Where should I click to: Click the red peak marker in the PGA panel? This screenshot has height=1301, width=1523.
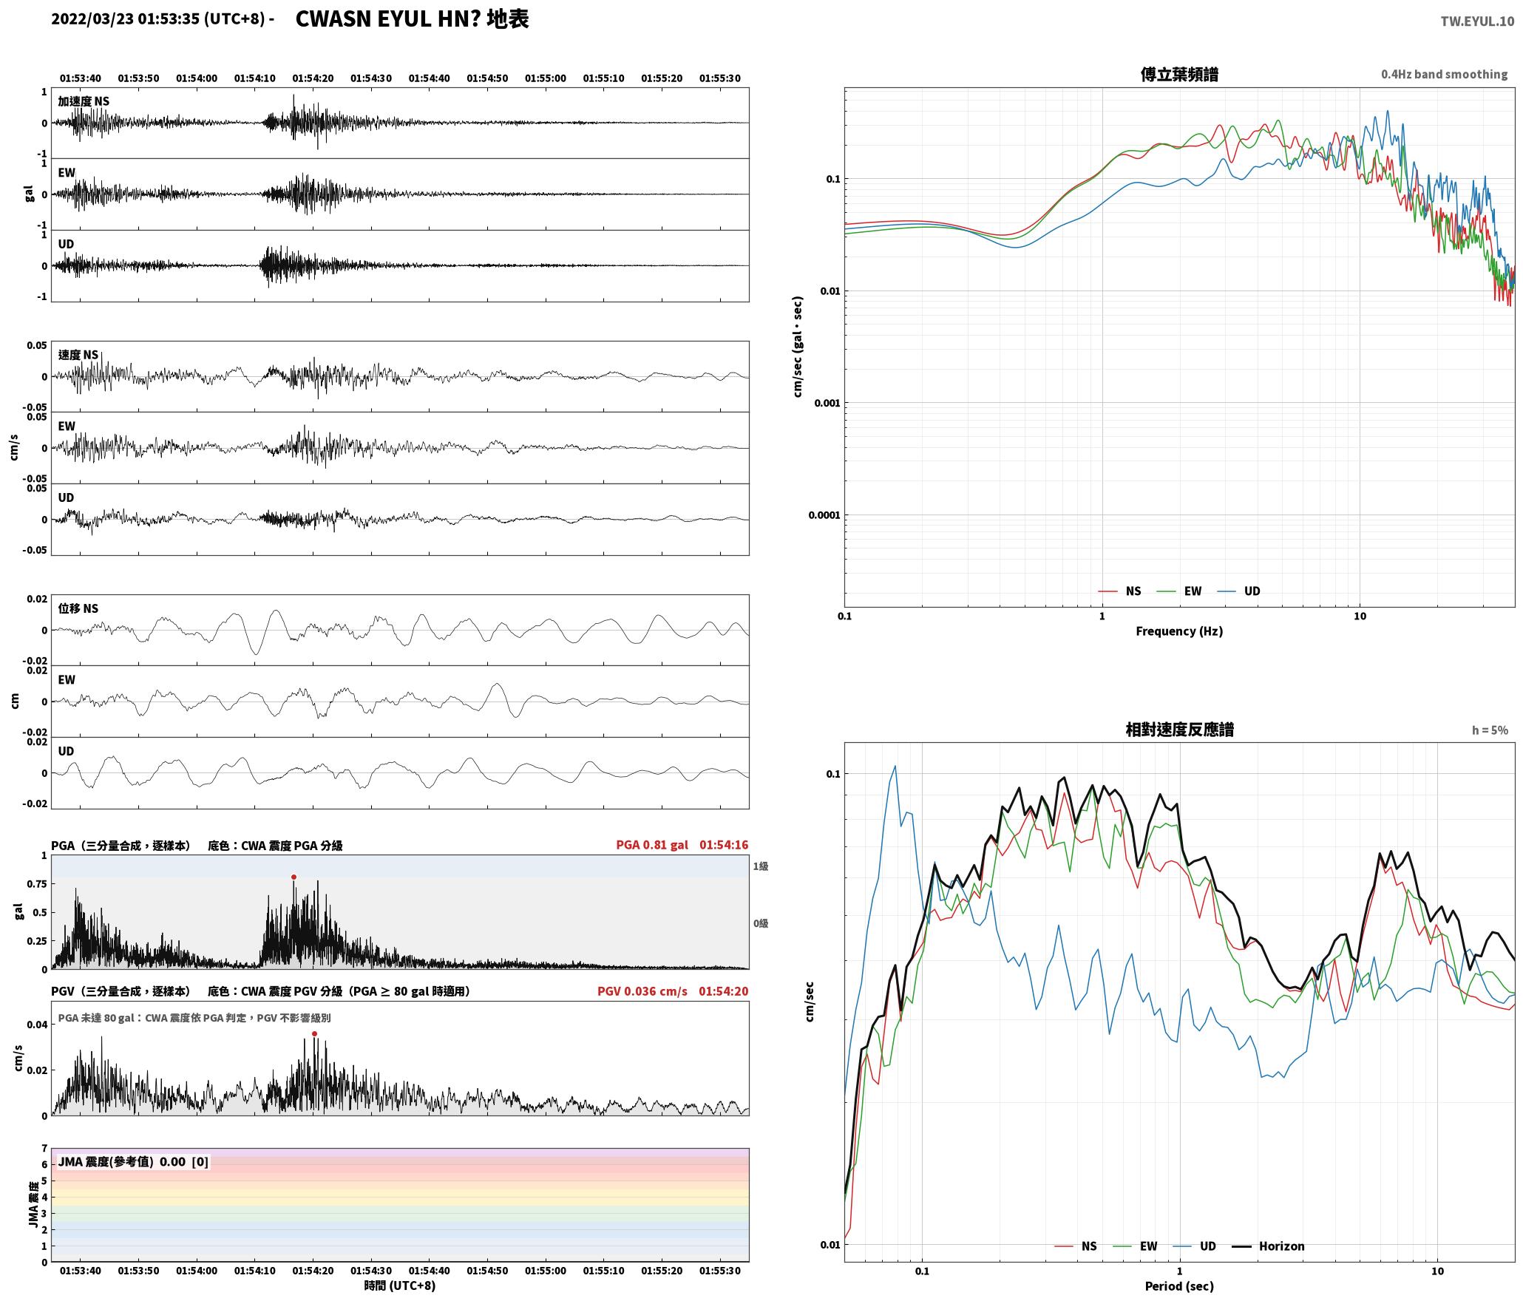[294, 877]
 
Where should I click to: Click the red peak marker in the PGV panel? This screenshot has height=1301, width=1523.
[314, 1034]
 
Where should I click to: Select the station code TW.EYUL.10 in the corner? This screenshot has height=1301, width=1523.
[1477, 21]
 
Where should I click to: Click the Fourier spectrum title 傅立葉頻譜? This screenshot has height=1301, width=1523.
[1179, 75]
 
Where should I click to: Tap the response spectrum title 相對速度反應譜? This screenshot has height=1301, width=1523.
[1179, 730]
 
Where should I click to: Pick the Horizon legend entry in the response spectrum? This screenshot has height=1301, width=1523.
[1268, 1246]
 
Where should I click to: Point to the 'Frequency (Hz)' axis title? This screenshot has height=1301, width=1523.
[1179, 631]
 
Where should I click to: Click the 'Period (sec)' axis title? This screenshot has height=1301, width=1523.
[1179, 1286]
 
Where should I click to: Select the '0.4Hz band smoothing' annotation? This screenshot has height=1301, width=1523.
[1444, 75]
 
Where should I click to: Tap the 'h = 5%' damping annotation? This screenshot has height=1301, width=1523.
[1490, 730]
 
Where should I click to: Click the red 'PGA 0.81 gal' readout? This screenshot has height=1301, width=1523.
[651, 845]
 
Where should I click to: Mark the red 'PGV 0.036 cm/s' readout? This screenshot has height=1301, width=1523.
[642, 991]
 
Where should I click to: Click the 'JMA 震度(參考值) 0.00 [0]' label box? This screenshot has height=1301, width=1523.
[133, 1162]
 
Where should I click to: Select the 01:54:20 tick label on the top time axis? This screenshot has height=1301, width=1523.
[313, 78]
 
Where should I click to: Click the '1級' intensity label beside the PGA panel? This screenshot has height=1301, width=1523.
[761, 866]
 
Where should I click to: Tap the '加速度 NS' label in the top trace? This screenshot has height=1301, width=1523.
[84, 102]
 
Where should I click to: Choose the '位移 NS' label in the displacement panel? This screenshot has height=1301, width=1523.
[78, 609]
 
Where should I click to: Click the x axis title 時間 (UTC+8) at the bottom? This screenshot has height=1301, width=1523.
[400, 1285]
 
